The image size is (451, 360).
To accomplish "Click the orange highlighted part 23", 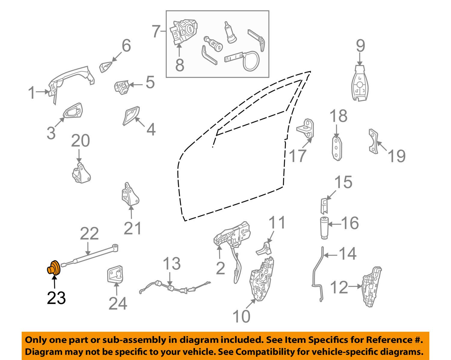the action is point(54,268).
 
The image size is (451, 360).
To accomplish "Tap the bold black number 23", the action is point(56,298).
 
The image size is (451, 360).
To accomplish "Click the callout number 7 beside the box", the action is point(156,31).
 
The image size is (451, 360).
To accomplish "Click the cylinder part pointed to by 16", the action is point(324,229).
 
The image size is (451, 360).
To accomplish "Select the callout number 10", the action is point(241,316).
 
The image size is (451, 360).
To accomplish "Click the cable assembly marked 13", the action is point(175,288).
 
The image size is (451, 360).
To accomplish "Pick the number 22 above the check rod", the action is point(89,234).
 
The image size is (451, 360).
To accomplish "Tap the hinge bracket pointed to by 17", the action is point(305,128).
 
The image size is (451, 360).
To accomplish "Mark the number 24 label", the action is point(118,303).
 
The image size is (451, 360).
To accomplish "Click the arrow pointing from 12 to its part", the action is point(355,286).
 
